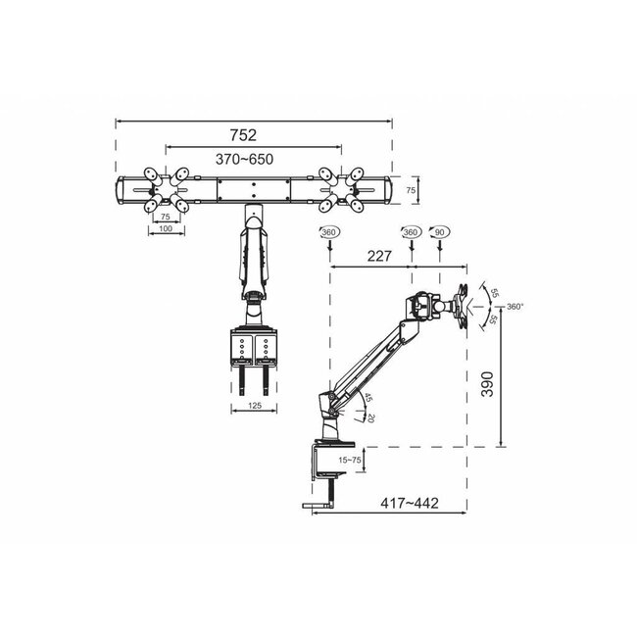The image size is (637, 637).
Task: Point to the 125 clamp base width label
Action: tap(254, 403)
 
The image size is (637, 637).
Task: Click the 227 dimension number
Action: tap(368, 257)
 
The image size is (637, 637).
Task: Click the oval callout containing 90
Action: tap(440, 232)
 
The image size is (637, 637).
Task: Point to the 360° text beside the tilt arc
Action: tap(516, 307)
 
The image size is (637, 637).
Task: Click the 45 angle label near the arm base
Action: tap(367, 399)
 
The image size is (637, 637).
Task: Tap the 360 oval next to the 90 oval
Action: tap(411, 232)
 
